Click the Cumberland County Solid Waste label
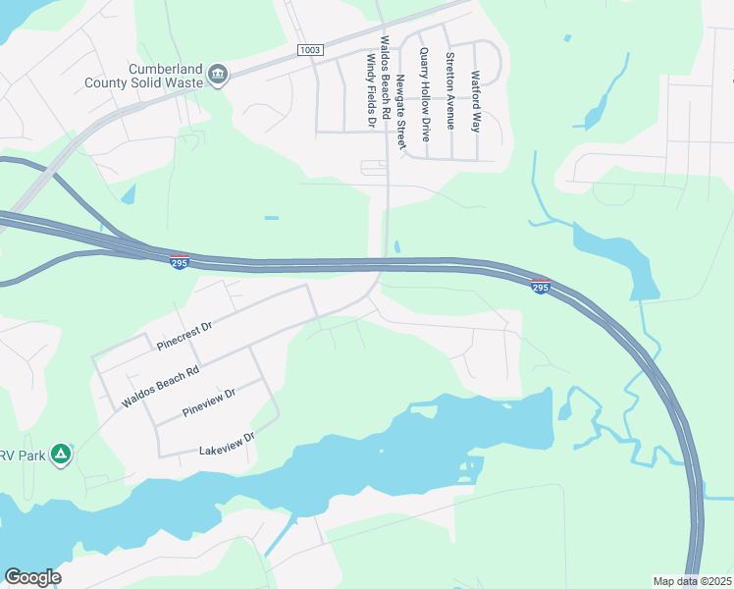pyautogui.click(x=165, y=76)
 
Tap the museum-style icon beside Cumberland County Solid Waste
pyautogui.click(x=218, y=75)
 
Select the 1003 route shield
pyautogui.click(x=310, y=49)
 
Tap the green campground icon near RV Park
pyautogui.click(x=60, y=454)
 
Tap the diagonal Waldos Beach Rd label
pyautogui.click(x=160, y=387)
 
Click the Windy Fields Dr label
pyautogui.click(x=371, y=90)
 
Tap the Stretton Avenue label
pyautogui.click(x=450, y=90)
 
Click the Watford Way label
pyautogui.click(x=476, y=101)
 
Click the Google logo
pyautogui.click(x=32, y=577)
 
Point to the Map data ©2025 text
pyautogui.click(x=692, y=581)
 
